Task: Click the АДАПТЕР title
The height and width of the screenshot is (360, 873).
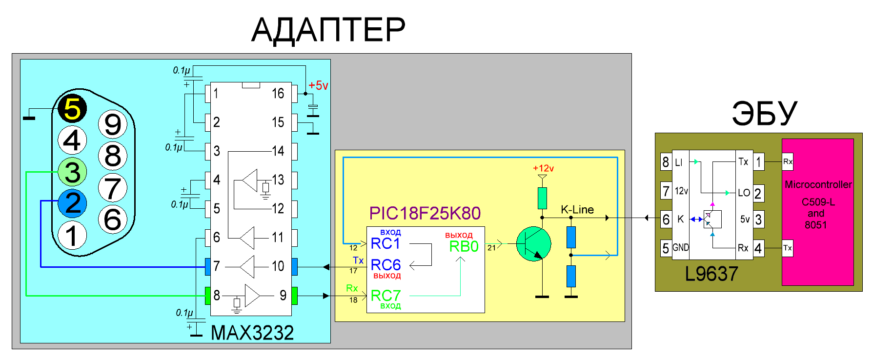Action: click(328, 30)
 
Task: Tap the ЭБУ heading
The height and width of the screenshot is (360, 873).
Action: click(764, 113)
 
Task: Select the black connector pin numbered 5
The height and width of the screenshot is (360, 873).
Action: click(72, 108)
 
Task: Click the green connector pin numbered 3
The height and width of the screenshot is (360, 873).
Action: click(72, 172)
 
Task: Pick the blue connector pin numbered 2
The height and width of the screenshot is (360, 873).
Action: click(72, 203)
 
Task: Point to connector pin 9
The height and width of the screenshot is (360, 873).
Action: click(113, 124)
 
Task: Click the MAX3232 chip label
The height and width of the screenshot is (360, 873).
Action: click(252, 333)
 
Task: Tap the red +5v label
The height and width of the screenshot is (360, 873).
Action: click(318, 86)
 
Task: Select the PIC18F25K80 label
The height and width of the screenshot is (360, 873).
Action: click(425, 213)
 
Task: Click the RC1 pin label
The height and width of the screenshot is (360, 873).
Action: click(386, 243)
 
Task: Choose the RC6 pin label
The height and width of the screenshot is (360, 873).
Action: click(386, 265)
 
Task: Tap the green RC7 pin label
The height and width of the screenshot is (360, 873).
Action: click(386, 296)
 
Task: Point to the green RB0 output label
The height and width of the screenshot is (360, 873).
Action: click(464, 247)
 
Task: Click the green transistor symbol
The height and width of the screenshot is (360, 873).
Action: click(533, 244)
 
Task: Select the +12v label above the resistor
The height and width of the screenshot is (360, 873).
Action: click(543, 168)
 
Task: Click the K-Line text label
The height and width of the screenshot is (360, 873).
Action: click(577, 210)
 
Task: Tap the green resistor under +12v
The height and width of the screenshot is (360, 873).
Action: click(542, 199)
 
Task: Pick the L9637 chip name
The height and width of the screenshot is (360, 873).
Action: click(711, 274)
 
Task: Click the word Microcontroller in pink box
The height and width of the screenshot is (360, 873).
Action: click(818, 185)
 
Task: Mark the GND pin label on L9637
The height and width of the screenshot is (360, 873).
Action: click(681, 248)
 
